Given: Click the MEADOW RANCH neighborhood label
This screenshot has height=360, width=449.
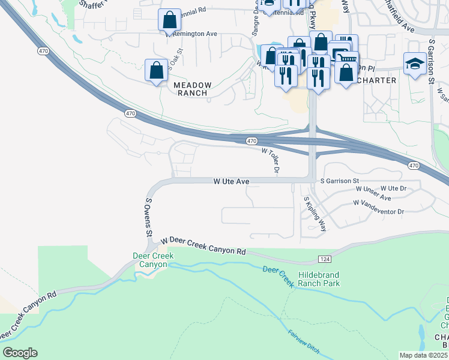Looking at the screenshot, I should click(x=192, y=89).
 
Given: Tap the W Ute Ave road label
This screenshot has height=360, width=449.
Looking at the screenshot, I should click(x=231, y=181).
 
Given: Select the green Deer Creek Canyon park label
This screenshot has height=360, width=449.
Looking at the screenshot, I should click(x=153, y=260).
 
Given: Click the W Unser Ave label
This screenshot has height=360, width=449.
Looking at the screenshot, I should click(x=373, y=197).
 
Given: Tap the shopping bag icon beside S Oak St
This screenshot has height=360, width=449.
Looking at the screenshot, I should click(x=157, y=70).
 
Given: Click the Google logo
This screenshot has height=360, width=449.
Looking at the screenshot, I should click(x=20, y=353).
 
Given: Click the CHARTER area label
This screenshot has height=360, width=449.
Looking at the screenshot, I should click(x=376, y=80).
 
